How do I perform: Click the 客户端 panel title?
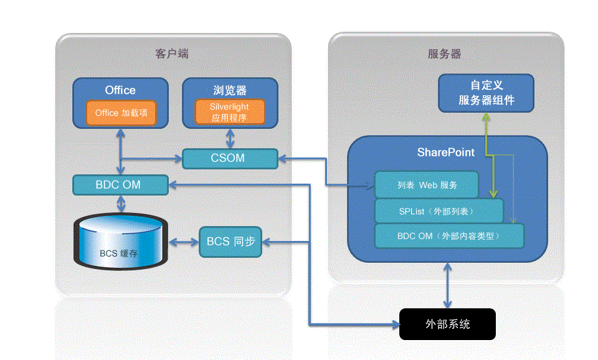coord(172,54)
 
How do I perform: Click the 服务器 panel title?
coord(445,54)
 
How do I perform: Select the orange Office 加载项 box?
coord(121,113)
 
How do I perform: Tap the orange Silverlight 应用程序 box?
coord(229,112)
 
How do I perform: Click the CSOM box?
coord(230,158)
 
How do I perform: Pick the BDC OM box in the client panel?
coord(120,185)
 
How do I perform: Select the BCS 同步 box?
coord(230,241)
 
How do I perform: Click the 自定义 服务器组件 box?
coord(486,93)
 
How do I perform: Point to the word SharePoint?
coord(445,153)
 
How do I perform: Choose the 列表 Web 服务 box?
coord(427,185)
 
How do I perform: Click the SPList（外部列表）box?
coord(439,211)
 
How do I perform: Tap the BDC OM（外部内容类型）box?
coord(448,237)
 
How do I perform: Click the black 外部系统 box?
coord(447,324)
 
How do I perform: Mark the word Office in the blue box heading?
coord(120,90)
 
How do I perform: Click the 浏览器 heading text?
coord(230,90)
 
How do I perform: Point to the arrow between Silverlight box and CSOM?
coord(230,138)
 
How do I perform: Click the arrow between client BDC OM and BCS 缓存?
coord(120,203)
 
